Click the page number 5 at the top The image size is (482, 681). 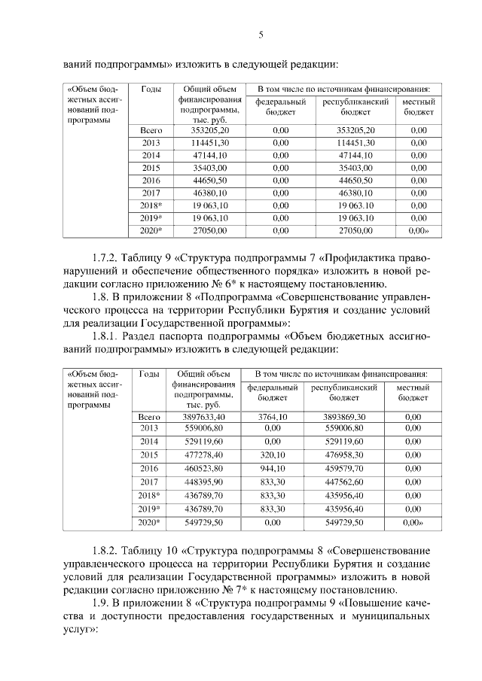click(x=261, y=34)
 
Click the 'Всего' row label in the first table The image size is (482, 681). click(x=151, y=130)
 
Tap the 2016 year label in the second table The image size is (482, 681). click(x=150, y=468)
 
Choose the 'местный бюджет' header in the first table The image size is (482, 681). click(x=418, y=107)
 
